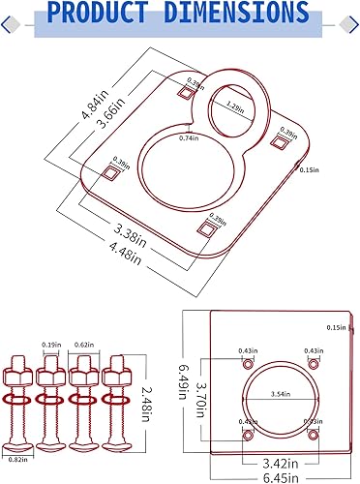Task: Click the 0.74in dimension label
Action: coord(188,139)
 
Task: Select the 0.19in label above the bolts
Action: coord(51,345)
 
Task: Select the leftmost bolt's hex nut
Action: coord(19,370)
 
